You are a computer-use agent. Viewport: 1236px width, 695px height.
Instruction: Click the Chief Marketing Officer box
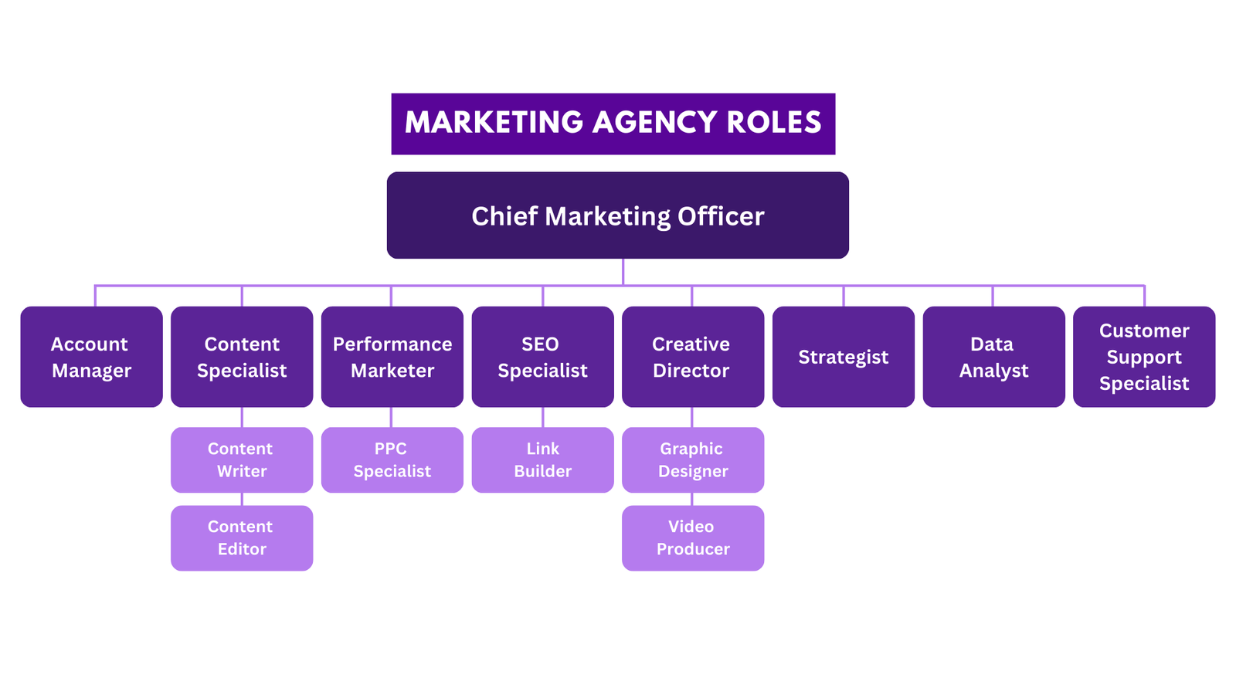[617, 215]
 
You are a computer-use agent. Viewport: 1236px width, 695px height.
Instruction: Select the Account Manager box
[91, 357]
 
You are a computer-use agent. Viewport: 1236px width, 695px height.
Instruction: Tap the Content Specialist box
[242, 357]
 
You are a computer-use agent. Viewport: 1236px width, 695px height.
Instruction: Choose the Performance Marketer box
[392, 357]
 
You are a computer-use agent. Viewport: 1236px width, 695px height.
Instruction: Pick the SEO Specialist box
[542, 357]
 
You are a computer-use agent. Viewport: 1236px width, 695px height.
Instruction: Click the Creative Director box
[692, 357]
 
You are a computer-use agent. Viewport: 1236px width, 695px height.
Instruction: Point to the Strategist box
[843, 357]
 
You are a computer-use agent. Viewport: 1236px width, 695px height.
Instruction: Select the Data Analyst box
[993, 357]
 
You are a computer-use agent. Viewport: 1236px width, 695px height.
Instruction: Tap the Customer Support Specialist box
[1144, 357]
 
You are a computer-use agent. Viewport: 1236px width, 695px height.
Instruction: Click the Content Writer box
[242, 459]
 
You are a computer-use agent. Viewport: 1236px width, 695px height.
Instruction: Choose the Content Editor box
[242, 537]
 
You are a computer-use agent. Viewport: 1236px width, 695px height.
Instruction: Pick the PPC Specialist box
[392, 459]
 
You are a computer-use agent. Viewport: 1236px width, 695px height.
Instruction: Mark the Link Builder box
[542, 459]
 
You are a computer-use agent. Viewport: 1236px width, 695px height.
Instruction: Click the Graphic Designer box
[692, 459]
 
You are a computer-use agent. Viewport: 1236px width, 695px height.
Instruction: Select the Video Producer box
[692, 537]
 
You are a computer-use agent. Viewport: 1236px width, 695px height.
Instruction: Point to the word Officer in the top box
[720, 216]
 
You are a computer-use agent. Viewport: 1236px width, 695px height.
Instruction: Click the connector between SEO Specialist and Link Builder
[543, 417]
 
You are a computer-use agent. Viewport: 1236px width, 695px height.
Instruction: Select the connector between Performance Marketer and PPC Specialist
[391, 417]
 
